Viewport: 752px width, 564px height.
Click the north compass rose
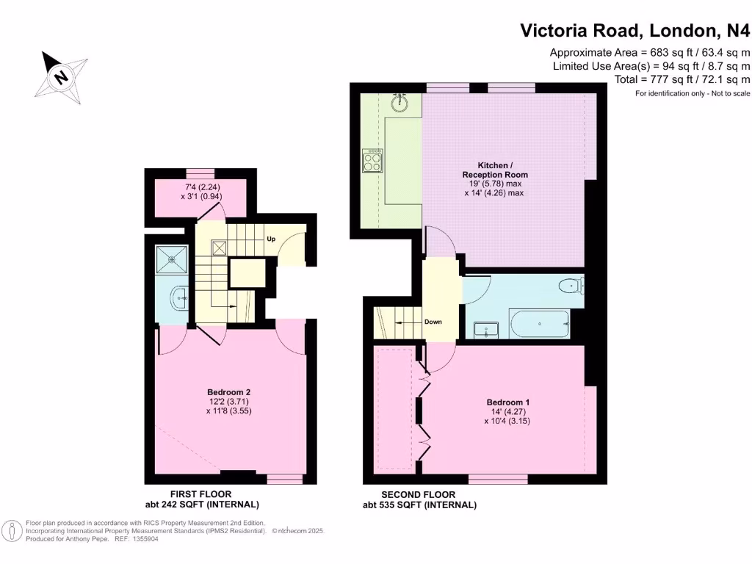click(62, 76)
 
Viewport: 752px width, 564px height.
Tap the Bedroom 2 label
click(229, 392)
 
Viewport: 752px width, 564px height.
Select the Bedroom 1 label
click(508, 402)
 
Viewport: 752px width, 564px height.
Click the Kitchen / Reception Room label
click(495, 170)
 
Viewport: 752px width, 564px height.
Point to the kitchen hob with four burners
click(372, 160)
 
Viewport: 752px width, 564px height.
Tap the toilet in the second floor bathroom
click(571, 286)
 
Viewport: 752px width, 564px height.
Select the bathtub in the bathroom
click(540, 324)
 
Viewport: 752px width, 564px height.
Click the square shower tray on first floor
click(172, 259)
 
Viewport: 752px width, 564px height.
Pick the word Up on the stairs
click(271, 239)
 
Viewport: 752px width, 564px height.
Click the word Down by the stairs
click(433, 322)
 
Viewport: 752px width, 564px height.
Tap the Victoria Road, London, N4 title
click(635, 30)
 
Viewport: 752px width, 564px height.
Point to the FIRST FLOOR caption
click(201, 494)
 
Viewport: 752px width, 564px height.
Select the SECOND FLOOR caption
click(418, 494)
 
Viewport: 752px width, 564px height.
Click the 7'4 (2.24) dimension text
click(203, 187)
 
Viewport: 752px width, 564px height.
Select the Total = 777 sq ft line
click(682, 79)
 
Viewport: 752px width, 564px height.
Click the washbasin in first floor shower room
click(180, 299)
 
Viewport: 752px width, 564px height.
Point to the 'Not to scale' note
click(731, 93)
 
